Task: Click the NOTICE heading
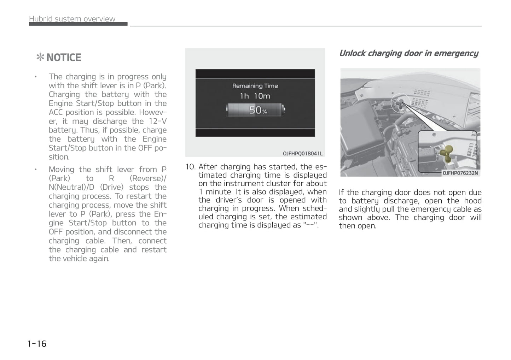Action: pos(64,58)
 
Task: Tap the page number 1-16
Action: pos(37,343)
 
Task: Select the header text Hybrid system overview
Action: pos(72,19)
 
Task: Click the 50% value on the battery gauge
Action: pos(258,110)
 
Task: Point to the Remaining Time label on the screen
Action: pos(255,86)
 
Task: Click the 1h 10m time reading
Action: pos(255,96)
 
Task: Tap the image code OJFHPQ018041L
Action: pos(302,153)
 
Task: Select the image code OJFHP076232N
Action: pos(460,173)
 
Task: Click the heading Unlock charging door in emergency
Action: pos(408,53)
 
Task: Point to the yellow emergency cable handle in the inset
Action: pos(449,154)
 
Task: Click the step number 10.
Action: pos(190,167)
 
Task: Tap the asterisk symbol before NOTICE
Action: pos(40,58)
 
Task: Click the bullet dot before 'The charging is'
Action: pos(36,77)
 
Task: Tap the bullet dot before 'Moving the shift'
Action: pos(36,170)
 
